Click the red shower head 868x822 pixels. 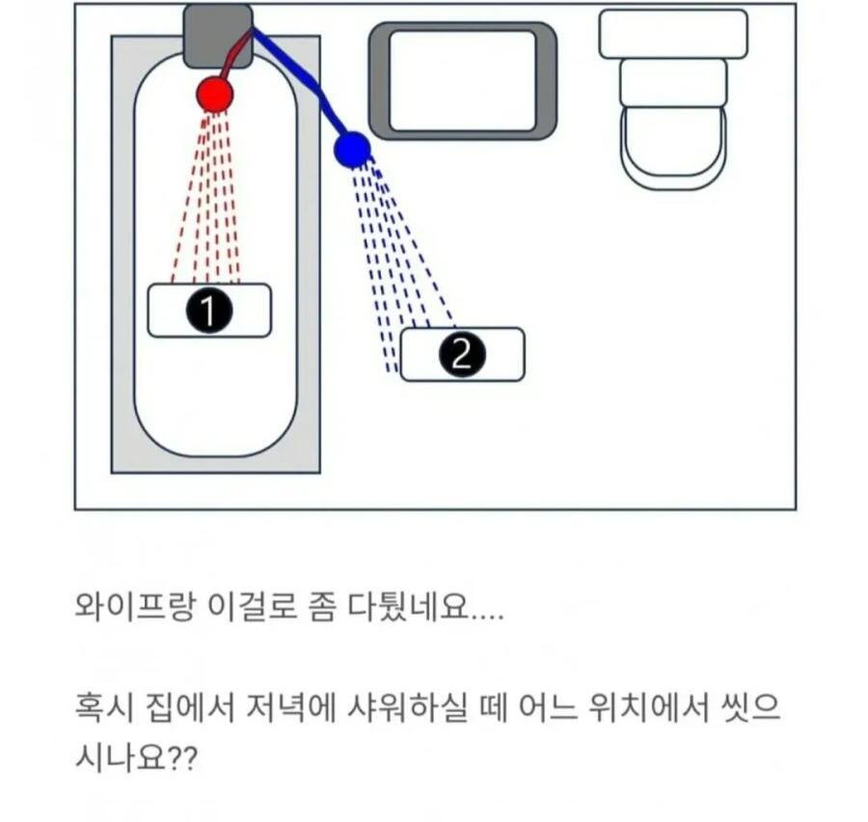click(215, 95)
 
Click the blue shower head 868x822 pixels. click(351, 150)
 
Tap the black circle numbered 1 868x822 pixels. click(208, 311)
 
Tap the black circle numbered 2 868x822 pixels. click(462, 354)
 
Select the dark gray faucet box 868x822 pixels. click(218, 37)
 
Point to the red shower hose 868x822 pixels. click(233, 55)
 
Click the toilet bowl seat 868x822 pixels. click(673, 147)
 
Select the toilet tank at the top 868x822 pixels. click(673, 34)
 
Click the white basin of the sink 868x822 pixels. click(463, 81)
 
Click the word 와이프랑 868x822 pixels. click(135, 608)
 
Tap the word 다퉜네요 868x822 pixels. click(409, 608)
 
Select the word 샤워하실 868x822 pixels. click(407, 707)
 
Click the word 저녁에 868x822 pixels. click(291, 707)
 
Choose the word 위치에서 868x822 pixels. click(648, 707)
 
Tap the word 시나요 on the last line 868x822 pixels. click(121, 756)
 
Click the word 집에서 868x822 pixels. click(190, 707)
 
